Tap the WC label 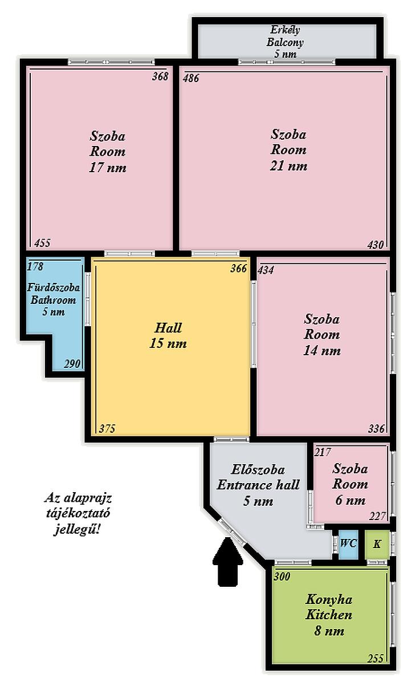click(x=349, y=543)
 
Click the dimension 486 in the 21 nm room click(x=191, y=78)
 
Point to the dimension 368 click(x=160, y=76)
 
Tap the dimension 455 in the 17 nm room click(x=42, y=242)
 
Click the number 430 click(x=376, y=245)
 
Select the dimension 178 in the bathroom click(x=35, y=266)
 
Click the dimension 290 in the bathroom click(x=72, y=364)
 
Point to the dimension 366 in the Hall click(x=239, y=269)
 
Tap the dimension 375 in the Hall click(x=107, y=428)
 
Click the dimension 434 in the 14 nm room click(x=266, y=270)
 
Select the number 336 click(x=376, y=429)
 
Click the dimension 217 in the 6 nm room click(x=323, y=452)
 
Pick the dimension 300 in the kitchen click(x=282, y=577)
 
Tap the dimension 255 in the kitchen click(x=376, y=664)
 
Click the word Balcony click(x=285, y=42)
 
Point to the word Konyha click(x=329, y=600)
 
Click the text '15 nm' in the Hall click(x=168, y=343)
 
